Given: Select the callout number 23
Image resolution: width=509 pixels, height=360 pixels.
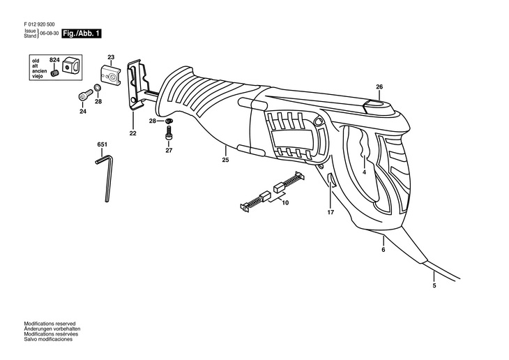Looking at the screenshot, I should pyautogui.click(x=111, y=57).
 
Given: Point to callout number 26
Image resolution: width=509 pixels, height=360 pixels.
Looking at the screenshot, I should pyautogui.click(x=379, y=87).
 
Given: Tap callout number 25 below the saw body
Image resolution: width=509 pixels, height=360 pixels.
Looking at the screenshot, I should pyautogui.click(x=225, y=160).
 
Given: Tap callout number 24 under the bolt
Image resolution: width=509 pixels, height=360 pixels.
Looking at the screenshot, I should pyautogui.click(x=82, y=112).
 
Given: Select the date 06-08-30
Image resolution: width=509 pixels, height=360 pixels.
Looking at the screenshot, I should pyautogui.click(x=49, y=33).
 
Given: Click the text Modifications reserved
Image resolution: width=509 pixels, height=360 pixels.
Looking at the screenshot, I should pyautogui.click(x=50, y=324).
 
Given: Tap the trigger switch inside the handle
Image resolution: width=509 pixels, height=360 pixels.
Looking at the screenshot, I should pyautogui.click(x=364, y=150).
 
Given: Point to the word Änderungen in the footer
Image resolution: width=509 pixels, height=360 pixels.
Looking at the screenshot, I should pyautogui.click(x=38, y=329).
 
